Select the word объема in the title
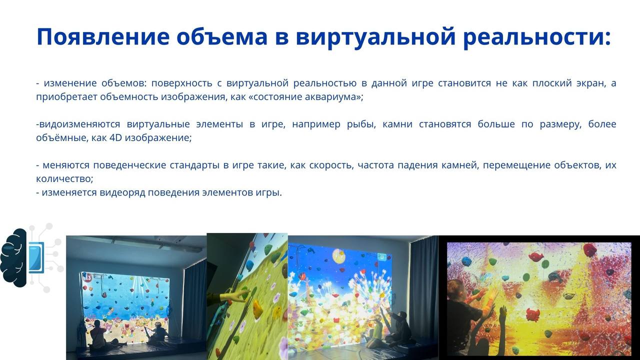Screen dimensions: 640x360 221,37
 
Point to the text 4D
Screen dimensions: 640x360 115,137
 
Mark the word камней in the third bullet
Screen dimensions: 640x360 460,165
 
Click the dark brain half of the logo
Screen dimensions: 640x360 13,257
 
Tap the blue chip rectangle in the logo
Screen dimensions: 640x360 36,257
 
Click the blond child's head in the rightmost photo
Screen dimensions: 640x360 456,289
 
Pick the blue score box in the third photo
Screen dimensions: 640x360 382,257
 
